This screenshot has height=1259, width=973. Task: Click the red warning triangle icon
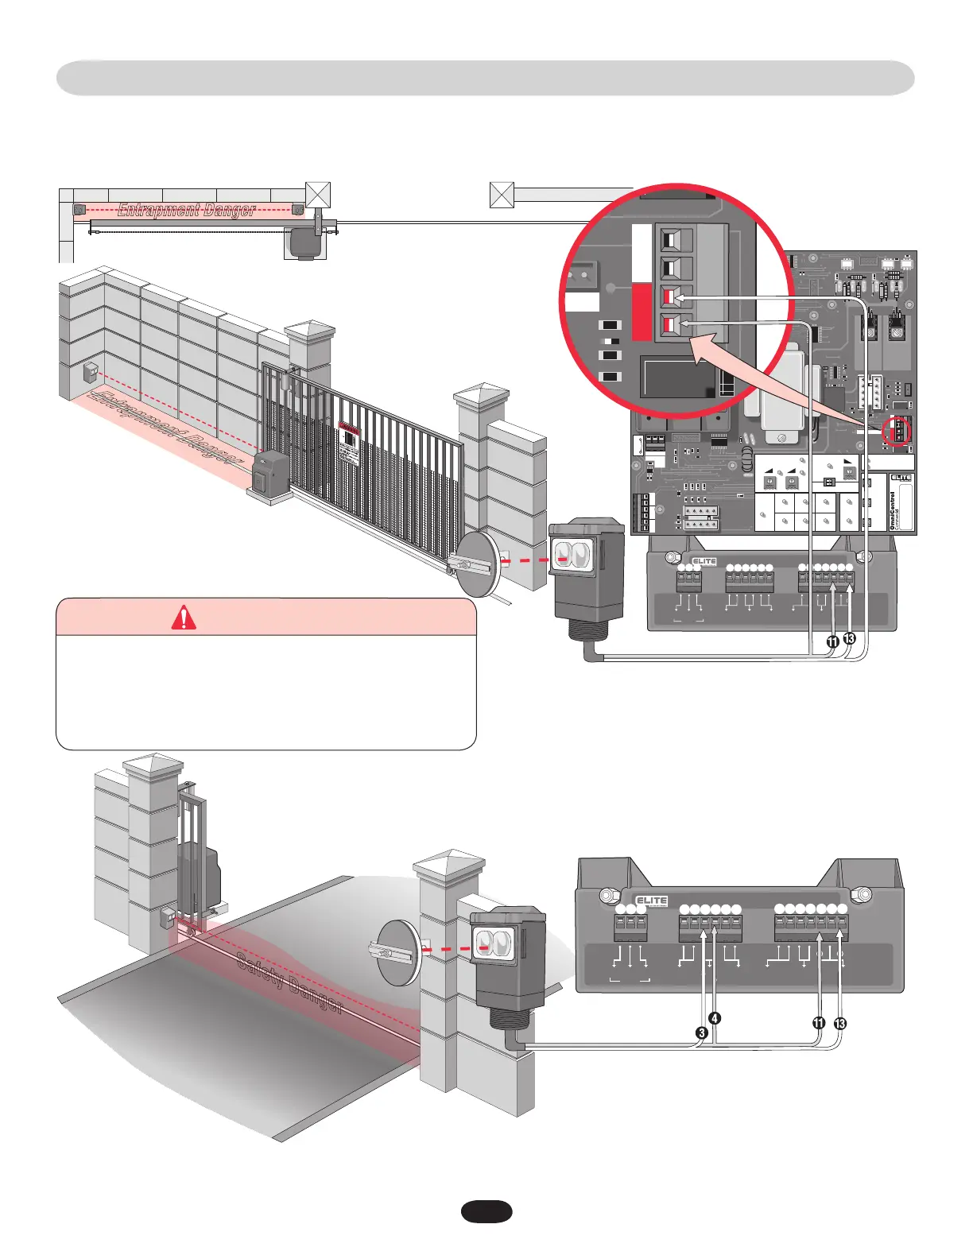click(x=184, y=618)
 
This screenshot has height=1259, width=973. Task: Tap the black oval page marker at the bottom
click(x=486, y=1211)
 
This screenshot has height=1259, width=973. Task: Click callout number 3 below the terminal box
click(x=702, y=1033)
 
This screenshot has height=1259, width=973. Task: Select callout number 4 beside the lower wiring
click(x=715, y=1018)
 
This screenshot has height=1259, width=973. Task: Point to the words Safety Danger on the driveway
click(x=289, y=982)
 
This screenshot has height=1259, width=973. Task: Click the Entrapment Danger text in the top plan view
click(x=187, y=210)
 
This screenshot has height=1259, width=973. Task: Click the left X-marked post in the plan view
click(x=318, y=195)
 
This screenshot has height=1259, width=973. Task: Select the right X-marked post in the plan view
click(x=502, y=195)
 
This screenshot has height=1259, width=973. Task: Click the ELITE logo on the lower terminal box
click(x=651, y=901)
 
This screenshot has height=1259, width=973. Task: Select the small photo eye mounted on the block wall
click(x=90, y=372)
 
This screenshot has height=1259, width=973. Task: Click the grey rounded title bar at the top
click(x=485, y=78)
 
